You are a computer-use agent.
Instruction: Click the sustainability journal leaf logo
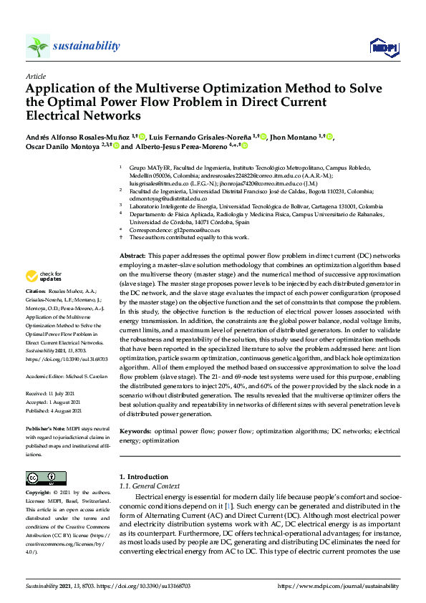37,47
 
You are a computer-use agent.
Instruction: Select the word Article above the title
35,75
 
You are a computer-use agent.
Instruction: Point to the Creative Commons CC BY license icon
46,478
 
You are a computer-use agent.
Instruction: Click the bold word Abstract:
132,256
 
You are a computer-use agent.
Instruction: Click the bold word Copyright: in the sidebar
38,493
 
